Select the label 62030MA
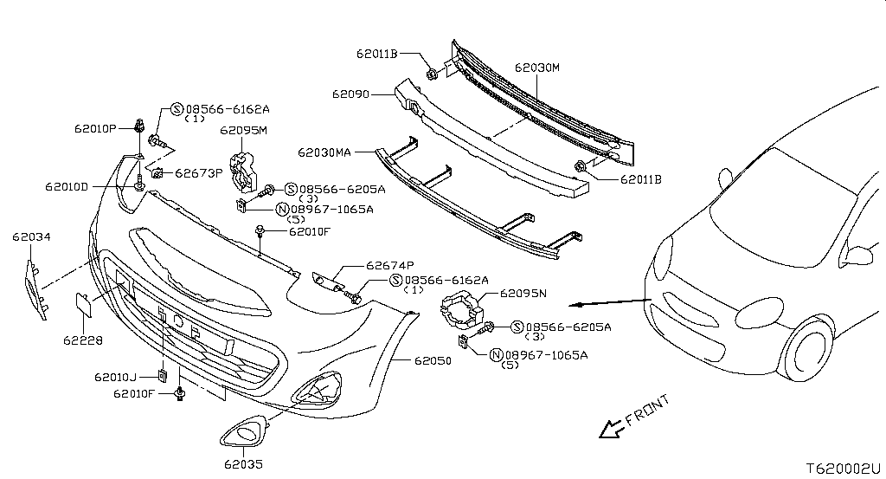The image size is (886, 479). tap(324, 152)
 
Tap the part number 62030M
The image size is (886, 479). tap(537, 67)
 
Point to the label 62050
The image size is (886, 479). tap(432, 360)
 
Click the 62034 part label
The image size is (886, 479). tap(32, 236)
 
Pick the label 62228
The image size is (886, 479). tap(82, 340)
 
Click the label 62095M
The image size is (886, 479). tap(243, 131)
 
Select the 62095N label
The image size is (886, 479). tap(523, 293)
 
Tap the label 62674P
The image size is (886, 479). tap(389, 265)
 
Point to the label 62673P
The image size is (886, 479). tap(199, 172)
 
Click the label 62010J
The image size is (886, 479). tap(117, 377)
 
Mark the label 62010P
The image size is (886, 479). tap(95, 128)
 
